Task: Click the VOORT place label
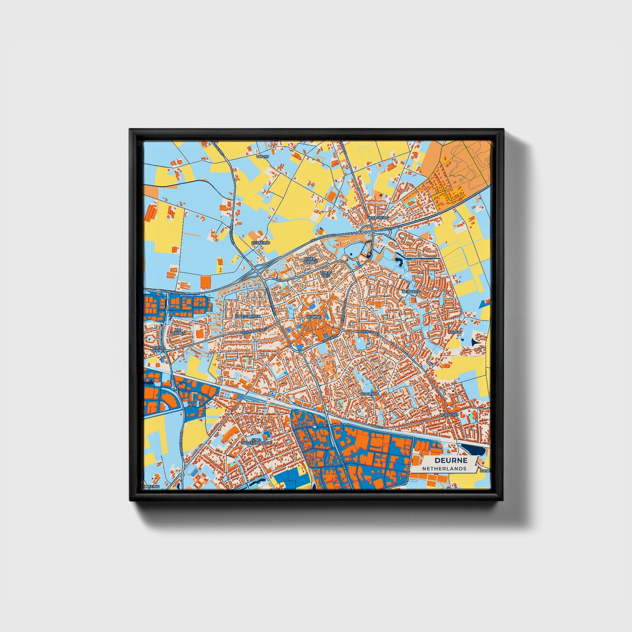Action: [263, 156]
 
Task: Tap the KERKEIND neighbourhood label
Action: [261, 242]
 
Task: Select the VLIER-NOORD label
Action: [311, 260]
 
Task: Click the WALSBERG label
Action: [379, 217]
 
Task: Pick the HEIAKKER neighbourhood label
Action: [411, 291]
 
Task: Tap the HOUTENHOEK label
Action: [248, 316]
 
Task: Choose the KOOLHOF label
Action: [368, 394]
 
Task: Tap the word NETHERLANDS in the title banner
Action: [444, 468]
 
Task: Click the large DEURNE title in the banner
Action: [450, 460]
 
